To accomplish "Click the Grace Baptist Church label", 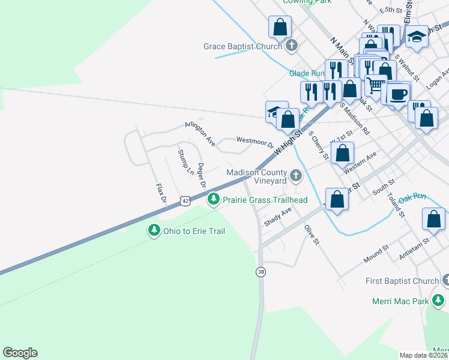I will [x=243, y=46].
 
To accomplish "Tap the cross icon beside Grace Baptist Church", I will [x=292, y=46].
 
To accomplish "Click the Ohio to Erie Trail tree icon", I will [x=154, y=230].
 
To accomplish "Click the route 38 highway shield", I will [x=261, y=272].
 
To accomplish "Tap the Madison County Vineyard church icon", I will [x=295, y=176].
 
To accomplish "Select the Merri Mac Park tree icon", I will [x=439, y=299].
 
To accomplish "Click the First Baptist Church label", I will [x=402, y=281].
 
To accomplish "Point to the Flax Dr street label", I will [x=160, y=196].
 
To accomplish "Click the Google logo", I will [x=20, y=353].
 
